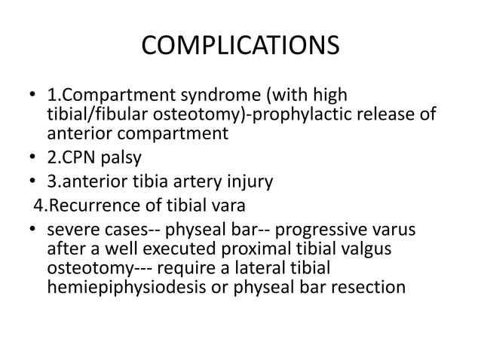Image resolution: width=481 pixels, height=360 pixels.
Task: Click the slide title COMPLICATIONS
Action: click(x=240, y=47)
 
